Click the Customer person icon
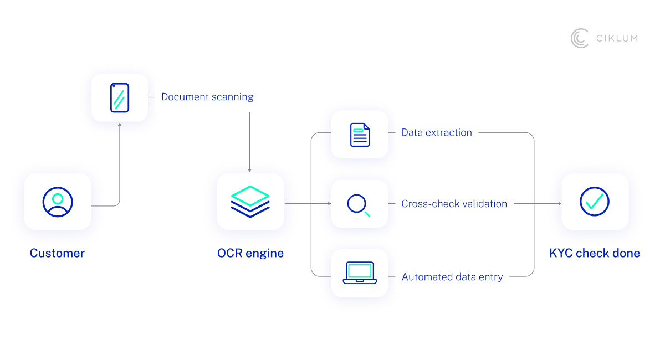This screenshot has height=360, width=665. [x=58, y=202]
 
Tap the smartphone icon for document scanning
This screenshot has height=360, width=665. [x=120, y=97]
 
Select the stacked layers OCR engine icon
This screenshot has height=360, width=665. [x=250, y=202]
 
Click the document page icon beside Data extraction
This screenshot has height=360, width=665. [x=360, y=135]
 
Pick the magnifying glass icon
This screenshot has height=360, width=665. [x=359, y=204]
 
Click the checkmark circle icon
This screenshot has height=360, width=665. [x=595, y=202]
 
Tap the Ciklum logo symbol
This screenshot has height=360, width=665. [x=580, y=38]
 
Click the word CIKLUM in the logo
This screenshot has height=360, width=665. [x=617, y=38]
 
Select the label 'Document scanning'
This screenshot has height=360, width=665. [x=207, y=97]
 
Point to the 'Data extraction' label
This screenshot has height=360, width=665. [x=437, y=132]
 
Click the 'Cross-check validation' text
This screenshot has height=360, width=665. [x=454, y=204]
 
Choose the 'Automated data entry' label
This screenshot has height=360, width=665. [x=452, y=277]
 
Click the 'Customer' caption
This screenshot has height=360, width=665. [x=57, y=253]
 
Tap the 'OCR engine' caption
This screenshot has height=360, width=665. [x=250, y=253]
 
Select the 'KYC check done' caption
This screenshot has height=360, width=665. [x=595, y=253]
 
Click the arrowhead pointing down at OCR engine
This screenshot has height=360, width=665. [x=250, y=170]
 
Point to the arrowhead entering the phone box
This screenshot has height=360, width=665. [x=120, y=125]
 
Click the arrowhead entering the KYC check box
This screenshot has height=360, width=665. [x=559, y=204]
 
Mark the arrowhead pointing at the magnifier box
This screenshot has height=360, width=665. [x=329, y=204]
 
